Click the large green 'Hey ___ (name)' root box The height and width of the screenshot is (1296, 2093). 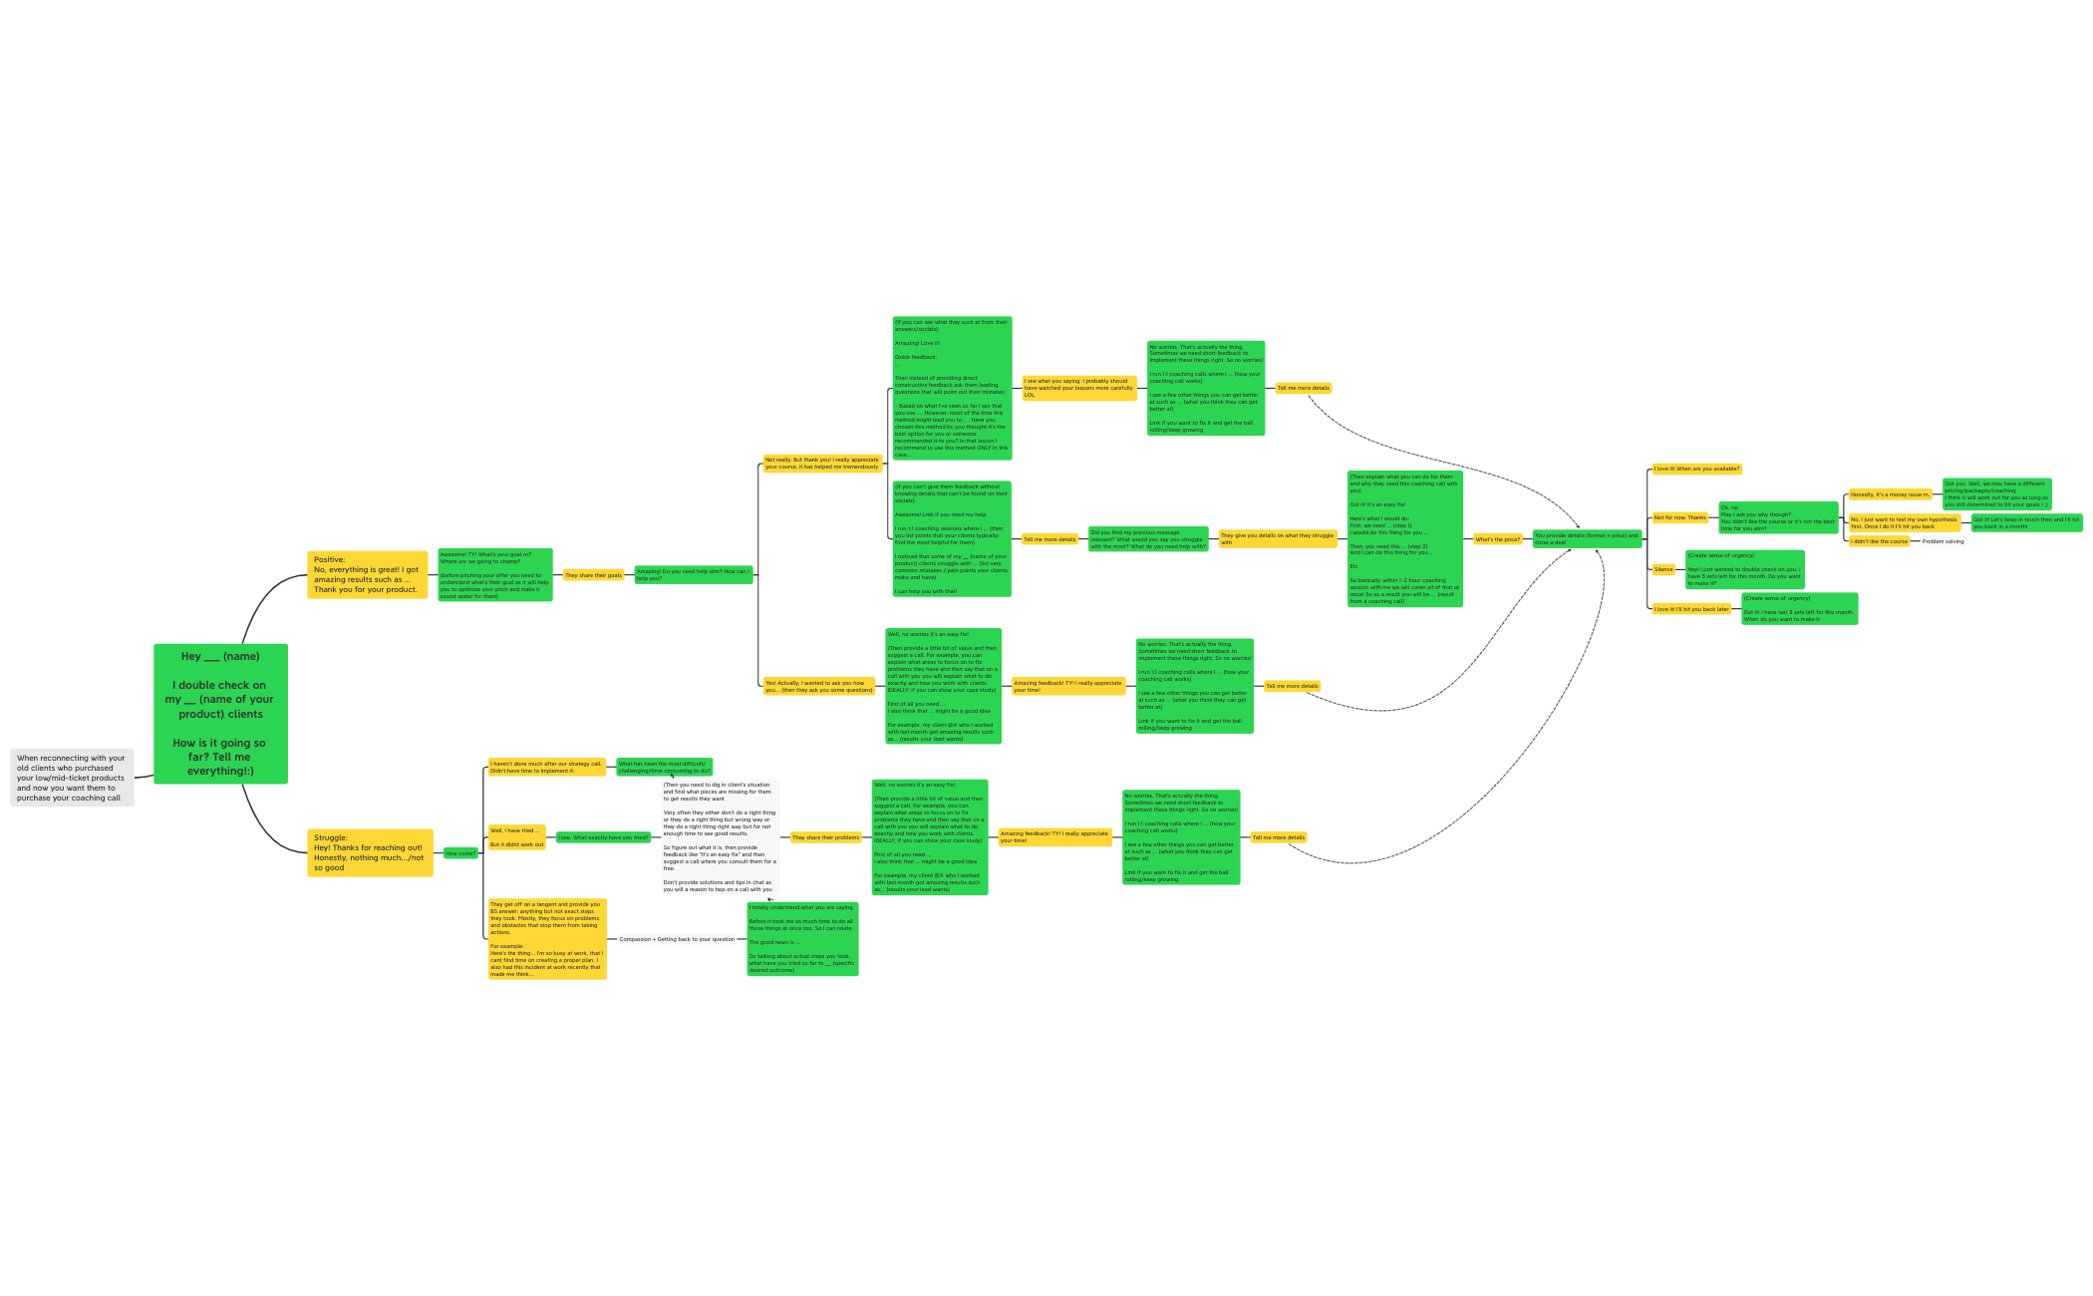(220, 713)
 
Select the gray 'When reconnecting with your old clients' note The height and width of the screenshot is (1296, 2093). (72, 778)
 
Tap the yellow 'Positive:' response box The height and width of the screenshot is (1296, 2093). (367, 575)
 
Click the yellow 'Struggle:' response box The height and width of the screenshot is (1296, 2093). (370, 852)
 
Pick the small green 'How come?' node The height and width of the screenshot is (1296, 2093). (459, 853)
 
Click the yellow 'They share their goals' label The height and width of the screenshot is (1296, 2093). (593, 575)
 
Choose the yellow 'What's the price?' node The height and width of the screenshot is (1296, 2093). (1497, 539)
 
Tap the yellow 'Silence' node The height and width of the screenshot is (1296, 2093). (1663, 569)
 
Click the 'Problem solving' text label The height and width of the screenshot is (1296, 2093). (1943, 541)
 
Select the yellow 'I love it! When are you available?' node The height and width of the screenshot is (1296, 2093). (1696, 469)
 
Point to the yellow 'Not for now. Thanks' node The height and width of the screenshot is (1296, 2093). (1679, 517)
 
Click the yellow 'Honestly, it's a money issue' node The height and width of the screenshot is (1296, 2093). (1890, 494)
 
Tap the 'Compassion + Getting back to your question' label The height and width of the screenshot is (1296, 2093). (677, 939)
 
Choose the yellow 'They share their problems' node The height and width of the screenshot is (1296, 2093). (825, 837)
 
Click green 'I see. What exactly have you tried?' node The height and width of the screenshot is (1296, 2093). (603, 837)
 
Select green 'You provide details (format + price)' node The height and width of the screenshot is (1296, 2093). (1586, 539)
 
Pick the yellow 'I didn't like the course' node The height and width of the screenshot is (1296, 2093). (1879, 541)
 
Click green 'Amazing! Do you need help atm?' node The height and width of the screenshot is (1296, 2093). (693, 575)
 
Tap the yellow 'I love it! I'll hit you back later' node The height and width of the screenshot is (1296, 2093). (1691, 609)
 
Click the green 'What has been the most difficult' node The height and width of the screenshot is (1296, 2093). (664, 767)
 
